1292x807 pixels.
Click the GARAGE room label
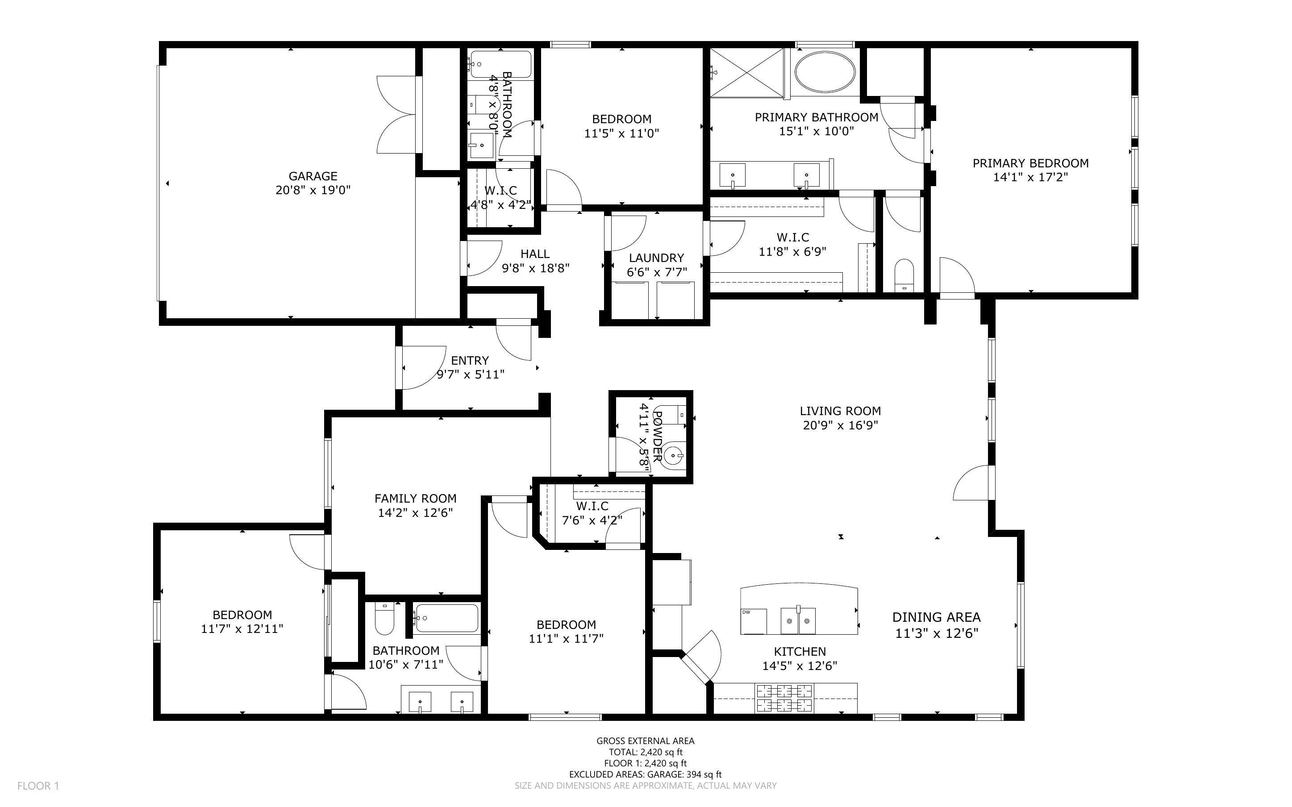click(x=313, y=176)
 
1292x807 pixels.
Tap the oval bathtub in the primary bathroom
click(x=825, y=71)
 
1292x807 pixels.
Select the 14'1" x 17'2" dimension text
click(x=1030, y=177)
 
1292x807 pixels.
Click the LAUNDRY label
click(x=656, y=258)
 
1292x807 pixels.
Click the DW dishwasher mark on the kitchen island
click(x=746, y=612)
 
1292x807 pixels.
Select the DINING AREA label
click(x=936, y=618)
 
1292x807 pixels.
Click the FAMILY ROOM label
click(x=415, y=499)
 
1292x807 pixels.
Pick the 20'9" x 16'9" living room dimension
click(x=840, y=425)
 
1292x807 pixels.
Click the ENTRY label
click(x=470, y=361)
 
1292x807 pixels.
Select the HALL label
click(x=535, y=254)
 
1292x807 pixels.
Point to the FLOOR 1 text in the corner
click(x=38, y=786)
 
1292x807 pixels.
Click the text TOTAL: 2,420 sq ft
click(x=645, y=752)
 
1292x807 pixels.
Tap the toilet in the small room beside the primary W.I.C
click(x=904, y=275)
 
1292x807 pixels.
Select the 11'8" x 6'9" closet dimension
click(x=792, y=251)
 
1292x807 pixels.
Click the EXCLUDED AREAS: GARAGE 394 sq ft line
click(x=645, y=774)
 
